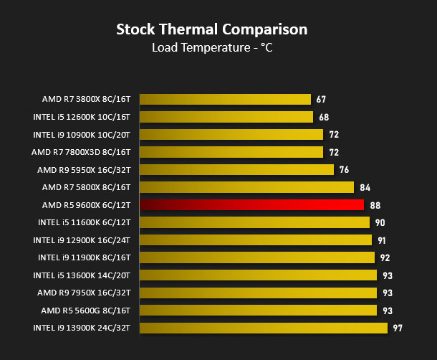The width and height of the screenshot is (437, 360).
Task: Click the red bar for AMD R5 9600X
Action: click(251, 205)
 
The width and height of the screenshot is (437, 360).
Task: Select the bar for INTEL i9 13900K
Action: click(264, 328)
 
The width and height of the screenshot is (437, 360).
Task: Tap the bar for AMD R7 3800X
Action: click(225, 100)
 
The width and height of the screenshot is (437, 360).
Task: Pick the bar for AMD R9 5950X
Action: click(236, 170)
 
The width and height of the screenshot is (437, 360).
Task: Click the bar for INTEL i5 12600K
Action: click(226, 117)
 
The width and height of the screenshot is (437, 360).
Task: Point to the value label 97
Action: click(398, 328)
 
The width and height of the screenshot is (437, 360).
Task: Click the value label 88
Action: click(375, 205)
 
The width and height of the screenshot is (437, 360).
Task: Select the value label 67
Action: click(321, 100)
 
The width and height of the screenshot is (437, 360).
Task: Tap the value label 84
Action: click(365, 188)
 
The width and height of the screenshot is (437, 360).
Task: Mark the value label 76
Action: click(344, 170)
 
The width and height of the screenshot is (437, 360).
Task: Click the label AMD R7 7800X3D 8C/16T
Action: click(81, 152)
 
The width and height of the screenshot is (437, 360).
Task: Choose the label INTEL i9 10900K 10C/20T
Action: click(82, 135)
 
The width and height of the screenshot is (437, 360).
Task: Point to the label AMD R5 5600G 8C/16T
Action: click(85, 311)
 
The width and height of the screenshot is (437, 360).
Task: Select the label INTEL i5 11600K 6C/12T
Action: click(84, 222)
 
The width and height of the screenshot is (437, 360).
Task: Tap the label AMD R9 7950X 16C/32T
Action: click(84, 293)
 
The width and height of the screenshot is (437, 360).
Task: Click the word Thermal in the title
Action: click(188, 29)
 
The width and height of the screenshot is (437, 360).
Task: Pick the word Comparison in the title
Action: click(265, 30)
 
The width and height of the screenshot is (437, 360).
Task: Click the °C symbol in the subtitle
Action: click(266, 47)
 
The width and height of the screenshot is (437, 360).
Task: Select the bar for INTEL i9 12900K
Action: click(256, 240)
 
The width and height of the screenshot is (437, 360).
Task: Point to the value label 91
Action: click(382, 240)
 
